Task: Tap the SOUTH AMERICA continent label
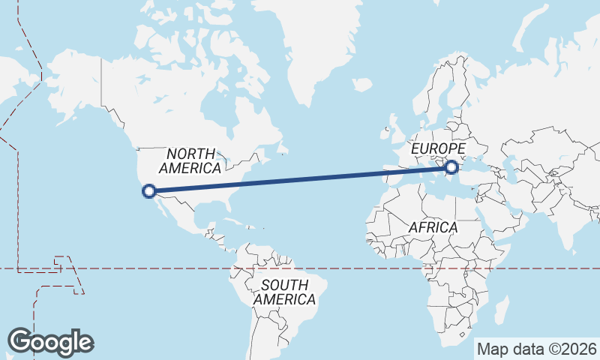pos(284,292)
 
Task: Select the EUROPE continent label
pos(438,148)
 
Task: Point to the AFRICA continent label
pos(433,226)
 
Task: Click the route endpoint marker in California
pos(148,191)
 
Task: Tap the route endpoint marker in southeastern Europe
pos(451,167)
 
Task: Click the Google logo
pos(50,342)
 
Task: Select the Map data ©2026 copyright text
pos(536,349)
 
